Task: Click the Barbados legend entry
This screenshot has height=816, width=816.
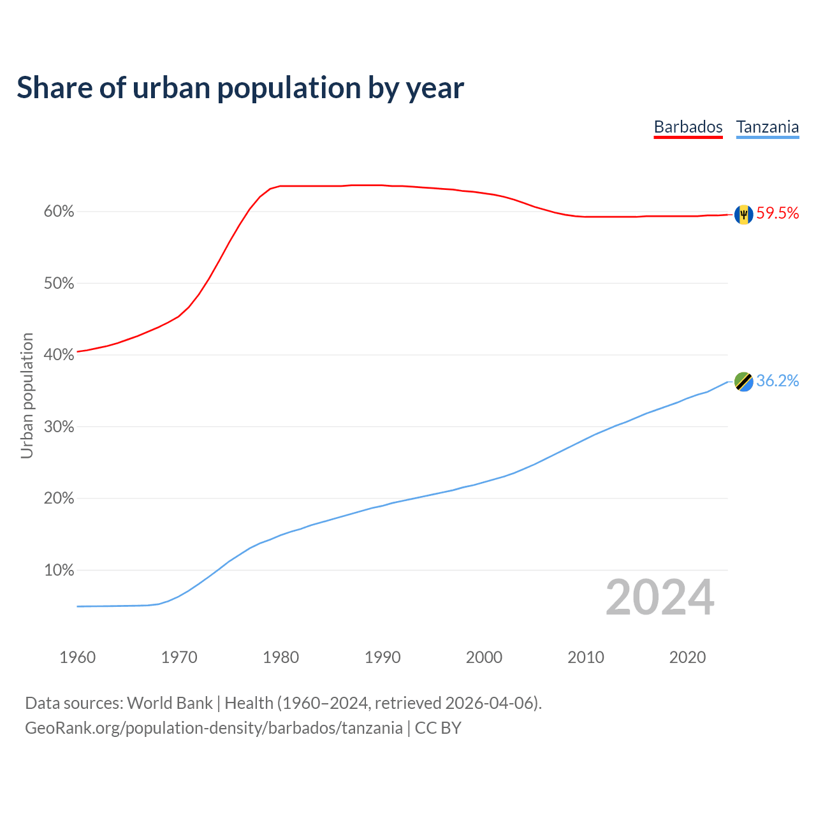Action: (x=688, y=127)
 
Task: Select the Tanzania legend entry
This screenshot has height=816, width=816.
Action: (x=768, y=127)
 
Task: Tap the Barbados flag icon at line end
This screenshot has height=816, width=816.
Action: (x=743, y=215)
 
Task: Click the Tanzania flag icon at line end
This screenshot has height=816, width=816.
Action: (x=743, y=381)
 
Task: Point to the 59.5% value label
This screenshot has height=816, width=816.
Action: (x=778, y=214)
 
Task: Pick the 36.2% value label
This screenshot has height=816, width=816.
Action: (x=778, y=381)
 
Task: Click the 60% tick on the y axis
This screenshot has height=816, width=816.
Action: (x=59, y=212)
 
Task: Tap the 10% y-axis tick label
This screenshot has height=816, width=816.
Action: (x=59, y=571)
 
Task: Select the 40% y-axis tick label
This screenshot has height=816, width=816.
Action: (x=59, y=355)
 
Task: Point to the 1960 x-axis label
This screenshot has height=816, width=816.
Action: (x=77, y=657)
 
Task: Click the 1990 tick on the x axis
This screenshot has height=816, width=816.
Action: (x=382, y=657)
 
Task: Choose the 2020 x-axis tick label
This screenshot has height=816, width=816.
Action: (x=687, y=657)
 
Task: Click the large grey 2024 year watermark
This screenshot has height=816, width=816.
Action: (x=660, y=598)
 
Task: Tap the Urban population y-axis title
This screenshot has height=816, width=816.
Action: (x=27, y=395)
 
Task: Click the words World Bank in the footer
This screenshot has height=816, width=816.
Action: (x=170, y=703)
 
